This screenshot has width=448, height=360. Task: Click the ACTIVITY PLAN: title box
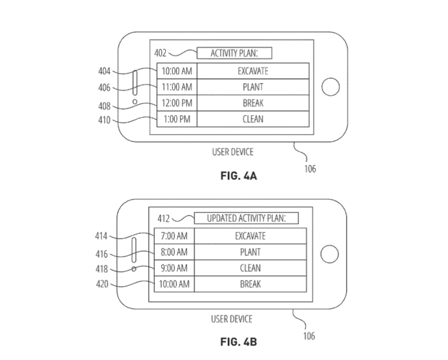click(x=234, y=53)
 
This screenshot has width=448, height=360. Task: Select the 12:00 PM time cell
click(x=175, y=103)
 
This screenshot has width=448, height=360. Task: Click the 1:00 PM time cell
click(x=175, y=119)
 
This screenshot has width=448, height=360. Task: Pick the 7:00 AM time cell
click(x=173, y=236)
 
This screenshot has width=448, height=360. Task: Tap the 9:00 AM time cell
click(x=173, y=268)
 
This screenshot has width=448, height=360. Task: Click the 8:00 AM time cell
click(x=173, y=252)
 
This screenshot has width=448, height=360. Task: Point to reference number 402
click(x=161, y=53)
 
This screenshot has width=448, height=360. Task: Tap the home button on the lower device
click(x=329, y=253)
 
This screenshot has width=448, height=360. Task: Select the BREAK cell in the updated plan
click(x=250, y=284)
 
